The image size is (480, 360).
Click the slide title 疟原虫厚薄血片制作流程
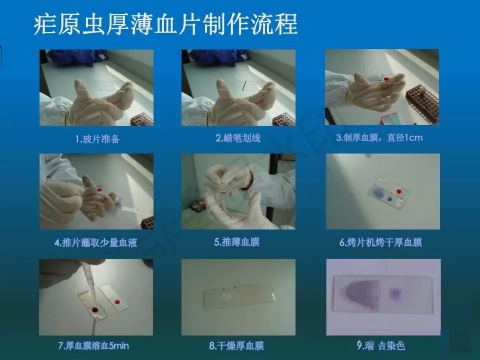[165, 24]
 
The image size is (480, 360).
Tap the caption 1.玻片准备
[97, 139]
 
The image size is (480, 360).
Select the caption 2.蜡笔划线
[238, 138]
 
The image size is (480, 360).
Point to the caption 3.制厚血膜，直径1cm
[379, 138]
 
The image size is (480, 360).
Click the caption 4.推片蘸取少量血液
[96, 243]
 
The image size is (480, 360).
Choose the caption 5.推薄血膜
[237, 242]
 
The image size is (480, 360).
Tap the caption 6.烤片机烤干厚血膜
[381, 242]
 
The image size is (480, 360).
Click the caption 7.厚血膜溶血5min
[93, 346]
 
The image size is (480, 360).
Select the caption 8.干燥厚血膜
[236, 346]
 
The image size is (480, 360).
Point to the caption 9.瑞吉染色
[381, 345]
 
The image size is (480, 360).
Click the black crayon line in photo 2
[244, 86]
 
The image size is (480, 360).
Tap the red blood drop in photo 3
[386, 79]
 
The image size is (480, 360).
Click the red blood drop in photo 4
[99, 190]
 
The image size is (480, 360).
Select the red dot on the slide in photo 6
[399, 191]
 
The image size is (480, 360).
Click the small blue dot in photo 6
[389, 199]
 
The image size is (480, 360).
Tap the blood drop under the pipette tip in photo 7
[95, 310]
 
